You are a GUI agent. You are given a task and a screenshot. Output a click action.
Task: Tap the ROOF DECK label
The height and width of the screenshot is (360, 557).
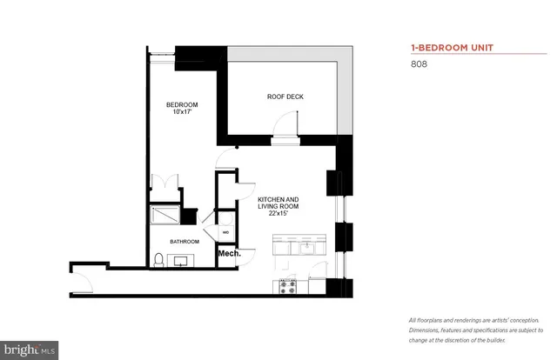pos(285,97)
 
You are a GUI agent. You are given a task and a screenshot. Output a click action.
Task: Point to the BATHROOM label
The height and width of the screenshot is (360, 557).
pos(185,241)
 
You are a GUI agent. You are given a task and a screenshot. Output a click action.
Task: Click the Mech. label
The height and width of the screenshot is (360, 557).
pos(229,254)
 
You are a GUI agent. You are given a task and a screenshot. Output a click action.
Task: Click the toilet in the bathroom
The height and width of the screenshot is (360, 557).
pos(158,258)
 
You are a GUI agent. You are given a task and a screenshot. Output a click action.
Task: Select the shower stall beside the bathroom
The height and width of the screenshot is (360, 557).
pos(164,215)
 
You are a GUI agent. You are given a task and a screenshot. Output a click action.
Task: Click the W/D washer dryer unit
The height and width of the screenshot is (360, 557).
pos(225,232)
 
